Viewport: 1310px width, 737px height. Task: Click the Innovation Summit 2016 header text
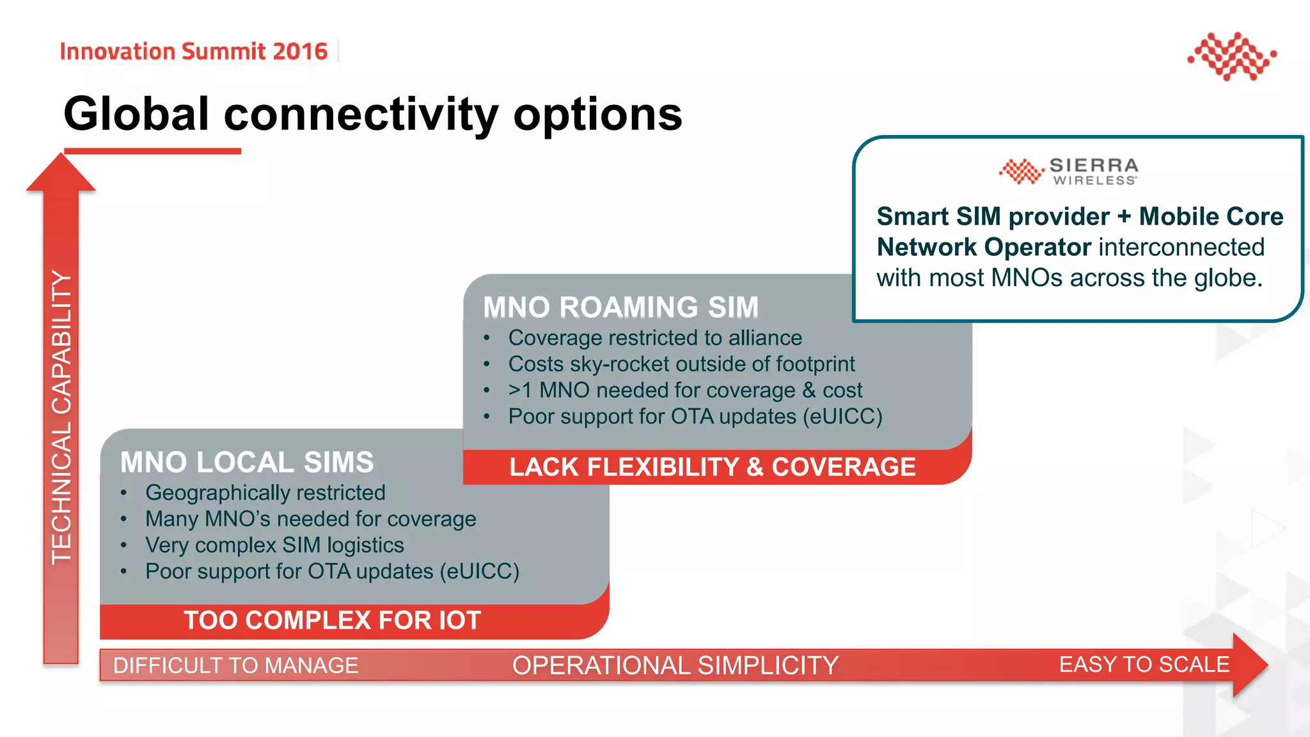193,51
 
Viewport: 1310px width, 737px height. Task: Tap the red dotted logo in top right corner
1232,56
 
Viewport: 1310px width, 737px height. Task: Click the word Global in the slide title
136,115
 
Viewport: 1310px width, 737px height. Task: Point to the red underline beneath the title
152,151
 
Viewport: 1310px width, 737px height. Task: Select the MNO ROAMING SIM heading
620,307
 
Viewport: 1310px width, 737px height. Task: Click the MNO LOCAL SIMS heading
247,462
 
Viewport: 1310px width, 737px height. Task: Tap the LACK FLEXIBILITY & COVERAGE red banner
712,467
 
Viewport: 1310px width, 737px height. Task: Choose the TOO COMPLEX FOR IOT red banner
332,621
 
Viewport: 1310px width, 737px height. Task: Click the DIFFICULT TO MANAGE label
235,665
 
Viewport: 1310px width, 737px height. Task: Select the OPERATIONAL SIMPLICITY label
675,665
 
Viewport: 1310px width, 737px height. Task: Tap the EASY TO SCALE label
1144,664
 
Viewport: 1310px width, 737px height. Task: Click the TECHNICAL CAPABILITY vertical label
61,416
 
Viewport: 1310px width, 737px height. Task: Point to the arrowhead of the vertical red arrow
61,173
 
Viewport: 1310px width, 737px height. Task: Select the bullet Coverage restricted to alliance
654,338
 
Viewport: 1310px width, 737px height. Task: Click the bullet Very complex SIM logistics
274,545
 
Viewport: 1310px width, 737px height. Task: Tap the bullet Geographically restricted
265,493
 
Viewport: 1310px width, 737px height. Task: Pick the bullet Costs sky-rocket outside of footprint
681,364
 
